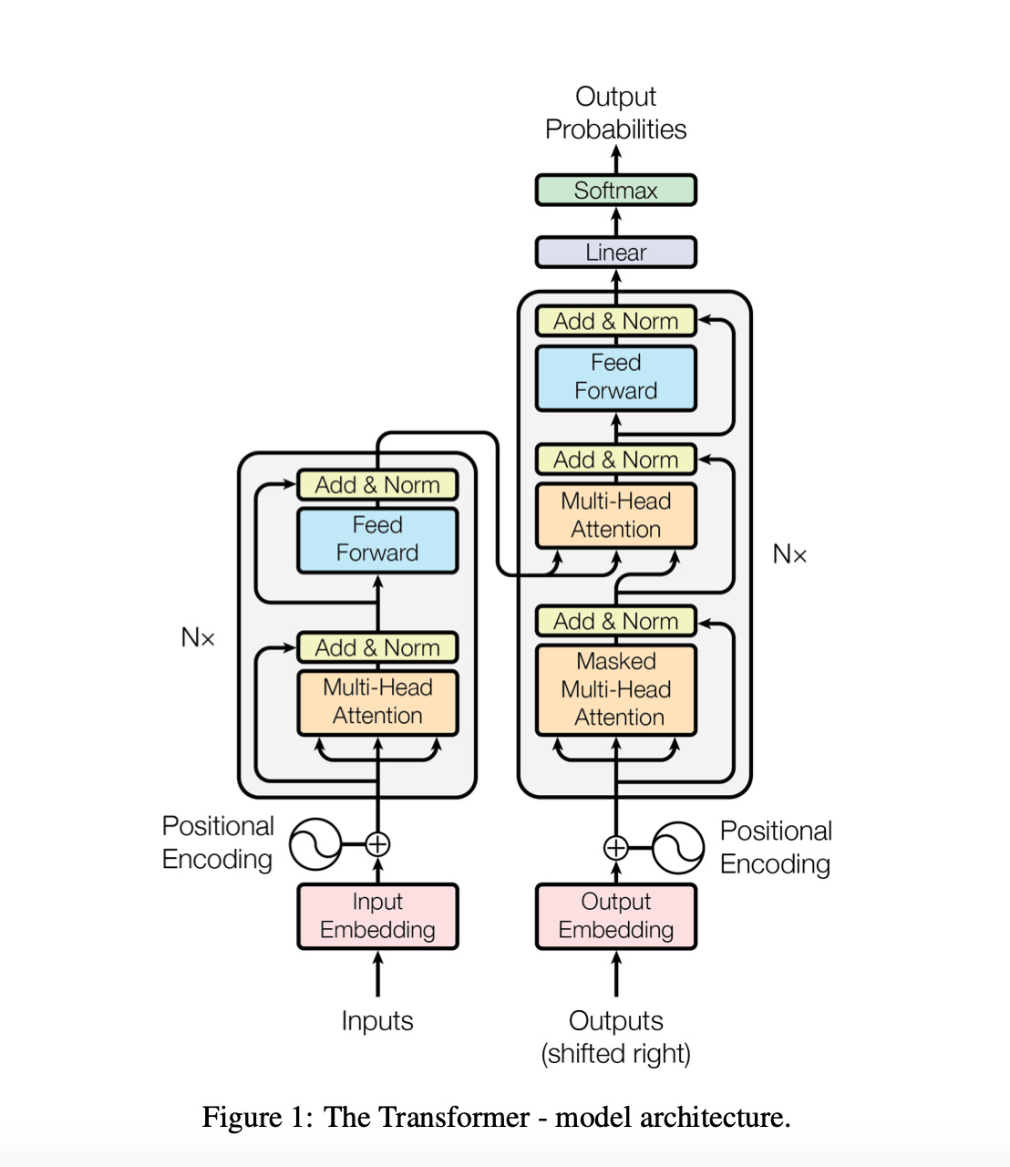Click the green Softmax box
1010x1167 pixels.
[x=615, y=191]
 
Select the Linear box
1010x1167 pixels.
[x=615, y=253]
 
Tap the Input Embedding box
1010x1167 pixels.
[x=377, y=916]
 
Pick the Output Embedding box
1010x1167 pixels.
[x=615, y=916]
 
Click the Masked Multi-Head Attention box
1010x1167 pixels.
[x=615, y=689]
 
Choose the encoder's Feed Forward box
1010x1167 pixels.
[x=377, y=540]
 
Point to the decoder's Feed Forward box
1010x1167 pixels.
[x=615, y=377]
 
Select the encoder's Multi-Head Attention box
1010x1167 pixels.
[x=377, y=702]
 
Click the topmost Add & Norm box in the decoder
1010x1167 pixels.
[x=615, y=321]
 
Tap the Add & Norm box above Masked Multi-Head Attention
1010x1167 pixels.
[x=615, y=621]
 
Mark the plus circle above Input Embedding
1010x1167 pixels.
[x=377, y=844]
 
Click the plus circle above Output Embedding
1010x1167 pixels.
[x=616, y=848]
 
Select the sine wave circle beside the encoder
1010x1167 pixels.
[x=315, y=844]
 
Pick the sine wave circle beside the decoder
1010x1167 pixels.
[x=678, y=848]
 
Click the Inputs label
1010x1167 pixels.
[x=377, y=1021]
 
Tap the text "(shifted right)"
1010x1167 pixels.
[x=615, y=1054]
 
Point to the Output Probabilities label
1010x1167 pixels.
[x=615, y=113]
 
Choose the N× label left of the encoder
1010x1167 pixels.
[x=198, y=637]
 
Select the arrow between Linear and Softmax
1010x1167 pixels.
[x=616, y=222]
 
